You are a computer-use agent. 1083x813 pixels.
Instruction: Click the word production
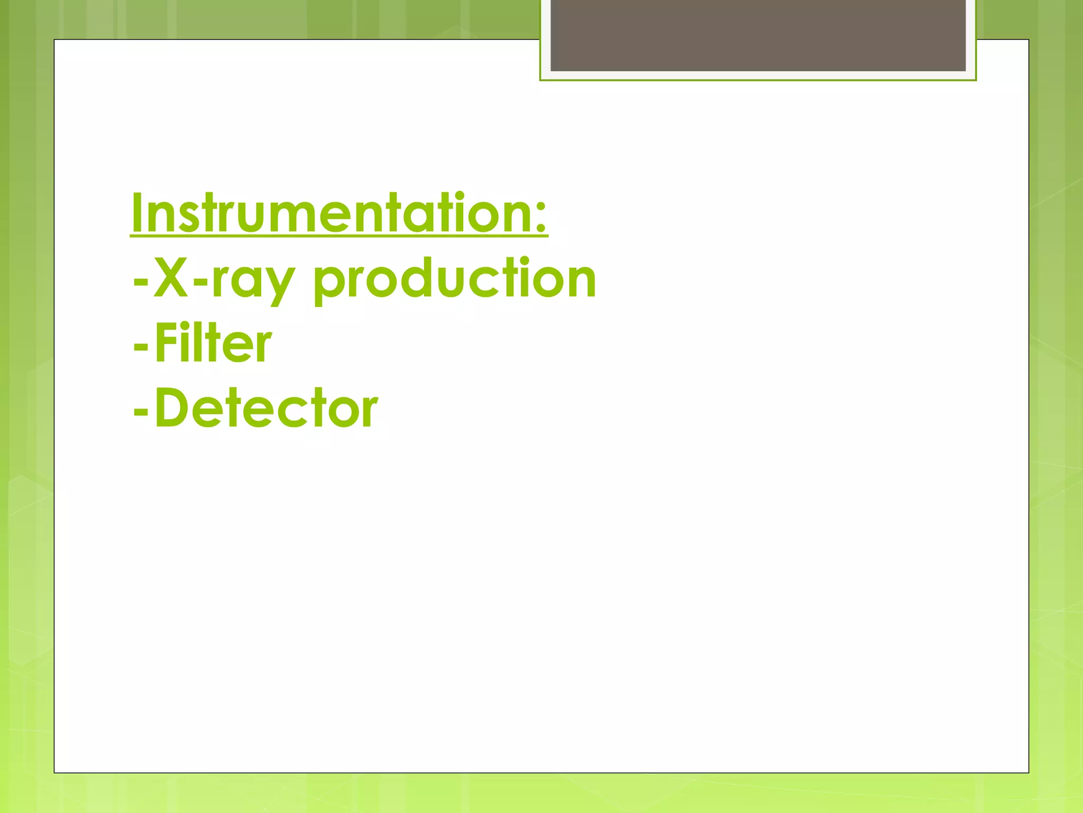pyautogui.click(x=455, y=279)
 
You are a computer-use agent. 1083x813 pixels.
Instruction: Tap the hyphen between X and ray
pyautogui.click(x=200, y=280)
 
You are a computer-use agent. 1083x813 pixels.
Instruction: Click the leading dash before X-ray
pyautogui.click(x=141, y=280)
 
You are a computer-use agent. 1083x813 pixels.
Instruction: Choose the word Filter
pyautogui.click(x=213, y=344)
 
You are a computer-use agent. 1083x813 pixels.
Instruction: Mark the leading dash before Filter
pyautogui.click(x=141, y=347)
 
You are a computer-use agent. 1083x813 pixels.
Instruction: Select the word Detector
pyautogui.click(x=266, y=408)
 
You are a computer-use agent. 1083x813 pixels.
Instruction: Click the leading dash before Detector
pyautogui.click(x=141, y=411)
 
